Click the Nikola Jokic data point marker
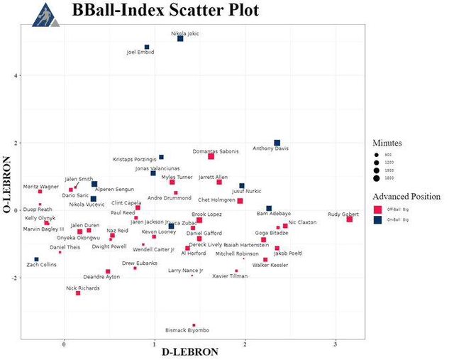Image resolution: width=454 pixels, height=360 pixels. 180,38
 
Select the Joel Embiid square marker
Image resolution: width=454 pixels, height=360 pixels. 147,47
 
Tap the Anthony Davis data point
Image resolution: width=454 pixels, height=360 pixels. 277,143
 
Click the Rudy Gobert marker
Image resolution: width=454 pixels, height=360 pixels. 350,219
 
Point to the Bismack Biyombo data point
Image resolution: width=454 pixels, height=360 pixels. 194,325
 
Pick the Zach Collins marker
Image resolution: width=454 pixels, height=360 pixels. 36,259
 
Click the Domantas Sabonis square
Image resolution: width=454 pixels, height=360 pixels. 211,156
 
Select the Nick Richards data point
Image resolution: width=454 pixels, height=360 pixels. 78,293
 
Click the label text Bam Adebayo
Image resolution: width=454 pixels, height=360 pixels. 273,213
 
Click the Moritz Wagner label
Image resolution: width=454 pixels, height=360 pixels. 41,186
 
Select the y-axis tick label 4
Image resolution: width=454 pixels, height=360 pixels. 15,75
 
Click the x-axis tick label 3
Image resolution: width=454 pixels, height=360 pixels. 336,344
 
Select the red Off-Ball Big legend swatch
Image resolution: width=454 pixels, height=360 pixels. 378,209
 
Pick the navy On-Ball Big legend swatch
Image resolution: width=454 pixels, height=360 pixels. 378,221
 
